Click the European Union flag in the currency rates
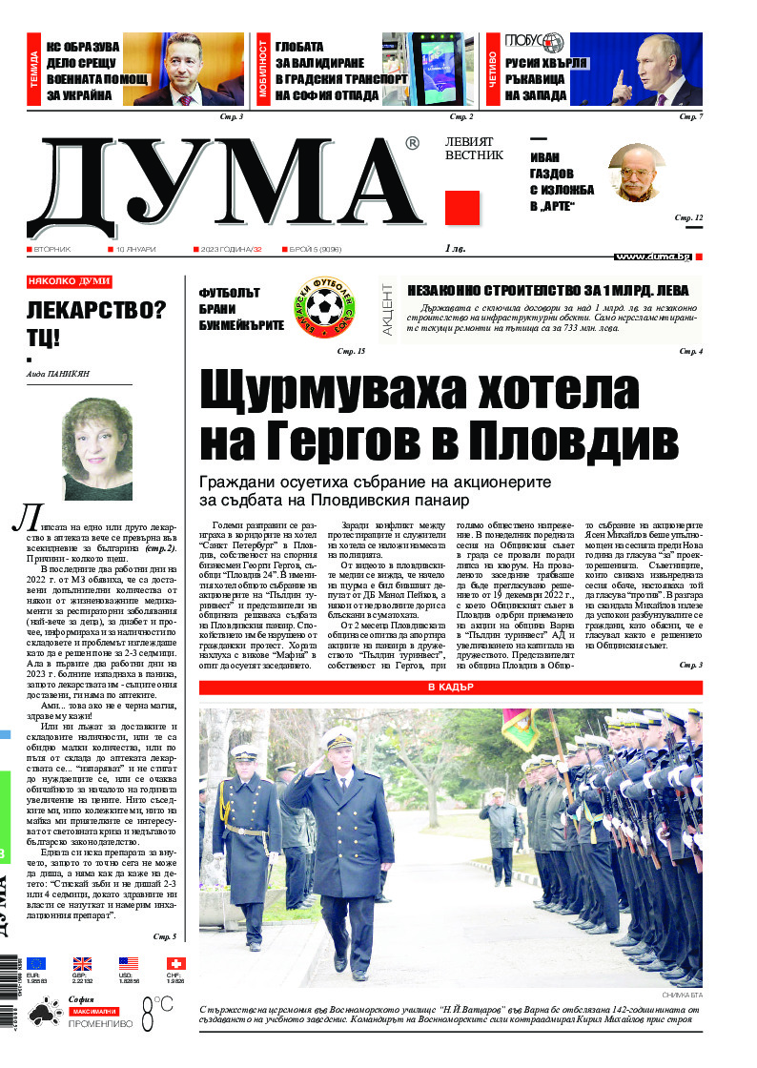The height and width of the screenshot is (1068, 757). (x=36, y=963)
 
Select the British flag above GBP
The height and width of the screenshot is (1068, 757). (x=82, y=963)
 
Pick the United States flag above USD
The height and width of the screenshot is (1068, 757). (x=129, y=963)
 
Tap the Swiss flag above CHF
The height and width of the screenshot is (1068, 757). (x=175, y=963)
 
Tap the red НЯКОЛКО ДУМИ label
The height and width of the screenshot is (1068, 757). (x=69, y=281)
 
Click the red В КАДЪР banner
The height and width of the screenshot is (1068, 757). (x=450, y=688)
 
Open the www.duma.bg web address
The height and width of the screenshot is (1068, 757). (x=653, y=257)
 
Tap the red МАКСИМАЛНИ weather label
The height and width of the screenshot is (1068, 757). (x=92, y=1010)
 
